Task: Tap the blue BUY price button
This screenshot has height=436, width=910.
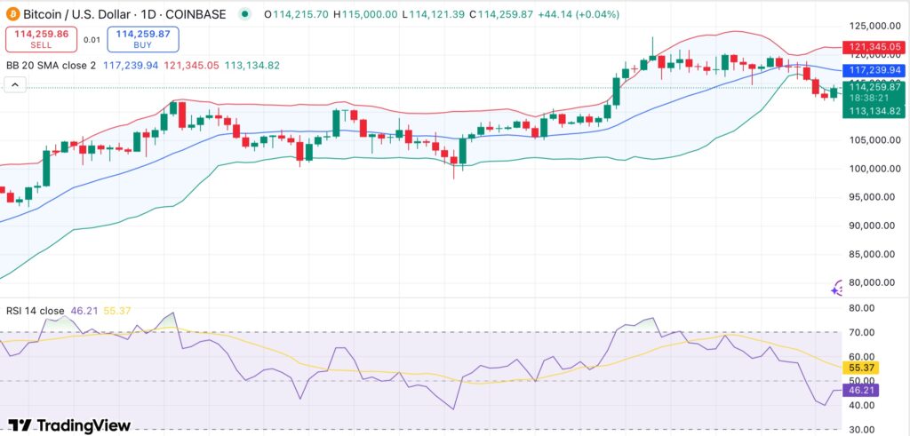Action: coord(143,38)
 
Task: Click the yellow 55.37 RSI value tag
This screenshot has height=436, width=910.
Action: coord(863,366)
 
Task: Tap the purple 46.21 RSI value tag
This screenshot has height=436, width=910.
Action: coord(863,389)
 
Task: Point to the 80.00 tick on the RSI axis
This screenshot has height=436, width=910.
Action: coord(862,308)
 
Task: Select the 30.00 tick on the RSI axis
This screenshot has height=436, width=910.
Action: coord(862,430)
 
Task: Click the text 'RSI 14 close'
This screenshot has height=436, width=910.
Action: coord(35,311)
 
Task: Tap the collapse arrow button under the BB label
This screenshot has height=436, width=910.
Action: coord(14,85)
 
